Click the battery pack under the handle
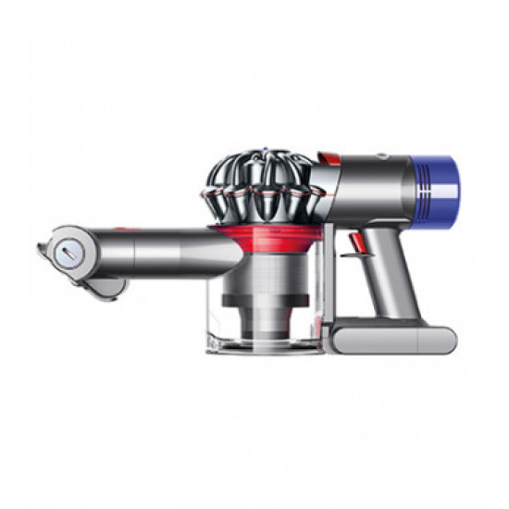393,339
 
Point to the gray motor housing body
366,185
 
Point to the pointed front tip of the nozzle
42,248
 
